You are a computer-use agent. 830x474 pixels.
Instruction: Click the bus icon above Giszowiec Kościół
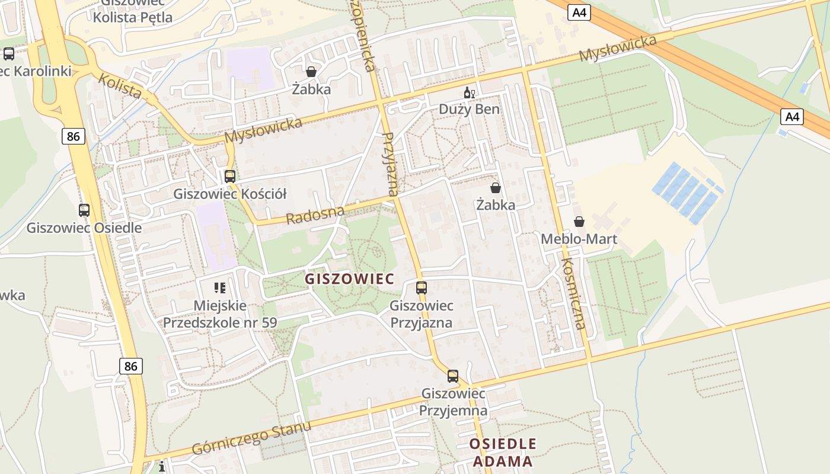pyautogui.click(x=229, y=176)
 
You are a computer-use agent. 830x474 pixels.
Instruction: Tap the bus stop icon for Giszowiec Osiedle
pyautogui.click(x=84, y=210)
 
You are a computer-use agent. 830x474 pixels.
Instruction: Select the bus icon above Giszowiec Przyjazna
pyautogui.click(x=421, y=288)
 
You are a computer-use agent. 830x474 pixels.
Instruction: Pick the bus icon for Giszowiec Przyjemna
pyautogui.click(x=453, y=376)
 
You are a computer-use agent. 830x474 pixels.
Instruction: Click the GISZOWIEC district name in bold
pyautogui.click(x=349, y=278)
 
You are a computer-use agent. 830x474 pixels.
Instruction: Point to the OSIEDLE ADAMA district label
pyautogui.click(x=503, y=452)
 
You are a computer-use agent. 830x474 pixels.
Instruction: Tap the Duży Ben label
pyautogui.click(x=469, y=110)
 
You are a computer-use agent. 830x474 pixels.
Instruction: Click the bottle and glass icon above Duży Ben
pyautogui.click(x=469, y=92)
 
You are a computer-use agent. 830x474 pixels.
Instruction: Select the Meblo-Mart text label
pyautogui.click(x=579, y=239)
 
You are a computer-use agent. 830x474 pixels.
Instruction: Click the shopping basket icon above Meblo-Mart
pyautogui.click(x=579, y=222)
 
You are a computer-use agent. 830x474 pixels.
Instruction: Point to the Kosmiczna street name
pyautogui.click(x=573, y=293)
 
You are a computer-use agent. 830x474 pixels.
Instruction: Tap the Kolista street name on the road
pyautogui.click(x=120, y=87)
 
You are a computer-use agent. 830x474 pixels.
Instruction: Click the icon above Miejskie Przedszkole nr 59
pyautogui.click(x=220, y=288)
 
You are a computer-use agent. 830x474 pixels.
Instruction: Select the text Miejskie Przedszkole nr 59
pyautogui.click(x=220, y=314)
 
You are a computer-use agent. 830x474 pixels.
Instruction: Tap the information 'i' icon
pyautogui.click(x=162, y=467)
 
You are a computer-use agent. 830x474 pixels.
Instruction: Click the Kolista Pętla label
pyautogui.click(x=132, y=17)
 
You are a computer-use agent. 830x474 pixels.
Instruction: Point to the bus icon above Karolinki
pyautogui.click(x=9, y=54)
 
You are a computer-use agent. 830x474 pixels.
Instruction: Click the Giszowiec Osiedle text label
pyautogui.click(x=84, y=228)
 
